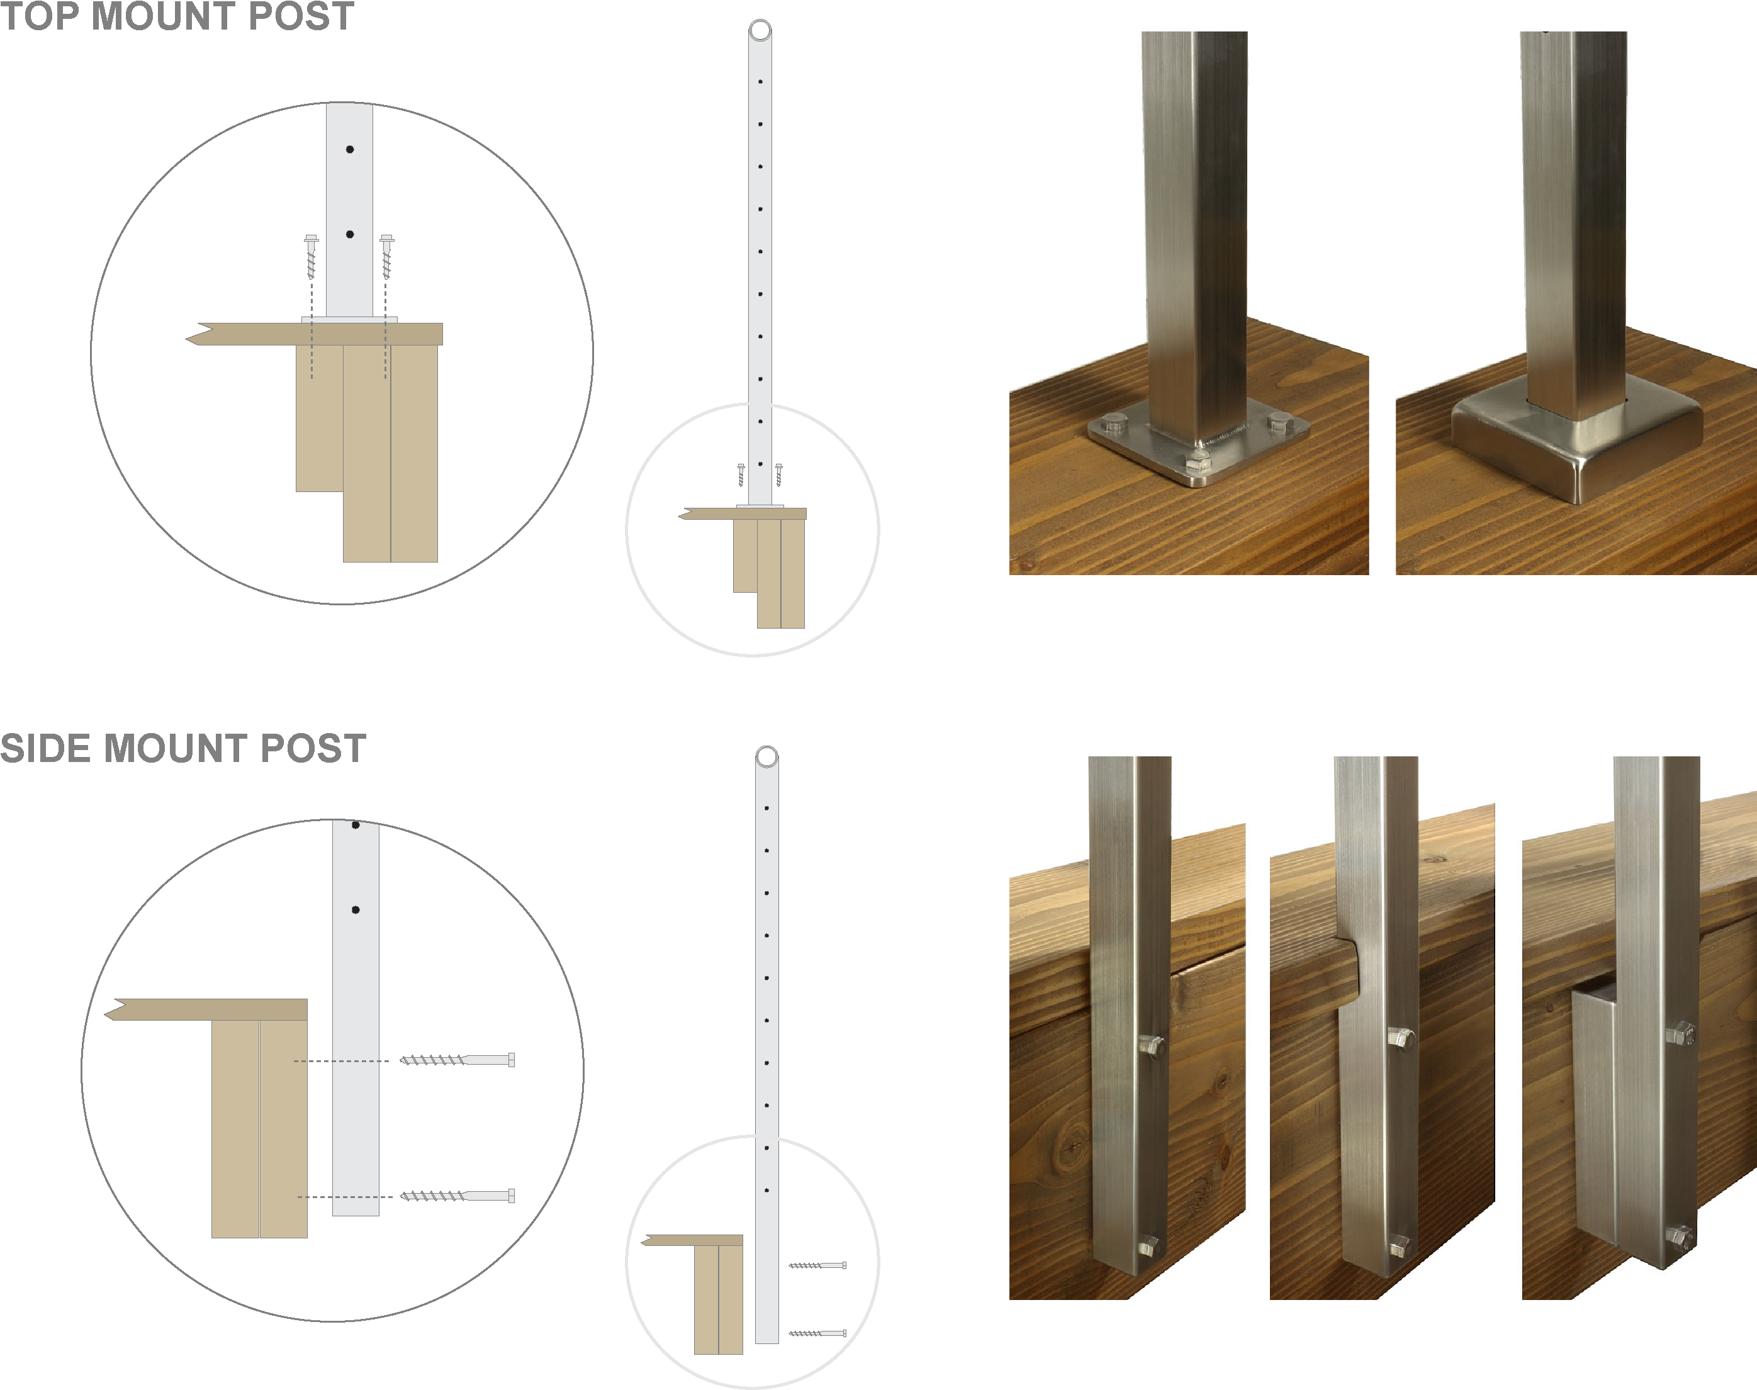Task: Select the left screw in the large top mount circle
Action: click(311, 256)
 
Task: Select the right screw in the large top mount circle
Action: click(386, 256)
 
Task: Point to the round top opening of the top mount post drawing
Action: click(760, 31)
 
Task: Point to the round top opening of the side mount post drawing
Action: click(766, 757)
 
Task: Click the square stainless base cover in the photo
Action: click(1576, 447)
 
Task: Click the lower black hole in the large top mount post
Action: click(350, 234)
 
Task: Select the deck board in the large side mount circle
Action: click(208, 1009)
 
